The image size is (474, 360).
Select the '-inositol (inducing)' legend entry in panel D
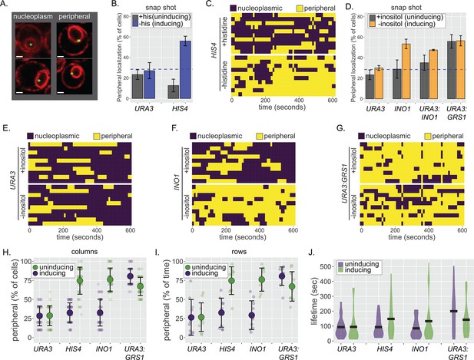(x=406, y=24)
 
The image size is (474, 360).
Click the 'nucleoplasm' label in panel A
(x=33, y=17)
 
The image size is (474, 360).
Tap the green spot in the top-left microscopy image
(x=31, y=44)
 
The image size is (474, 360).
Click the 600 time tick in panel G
(x=462, y=230)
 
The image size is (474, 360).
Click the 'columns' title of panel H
(x=86, y=252)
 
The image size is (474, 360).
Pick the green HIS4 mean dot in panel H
(x=80, y=281)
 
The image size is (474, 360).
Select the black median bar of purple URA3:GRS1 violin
(x=454, y=311)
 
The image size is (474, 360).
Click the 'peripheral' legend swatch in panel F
(x=259, y=137)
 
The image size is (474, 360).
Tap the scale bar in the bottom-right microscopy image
(x=61, y=92)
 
